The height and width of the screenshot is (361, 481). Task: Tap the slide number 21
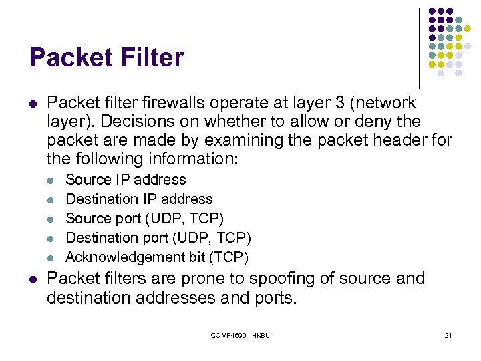click(448, 335)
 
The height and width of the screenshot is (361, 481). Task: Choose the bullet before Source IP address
click(53, 180)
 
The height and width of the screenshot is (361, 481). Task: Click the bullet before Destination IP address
click(53, 199)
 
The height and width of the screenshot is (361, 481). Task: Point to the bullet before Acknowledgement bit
click(53, 257)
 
